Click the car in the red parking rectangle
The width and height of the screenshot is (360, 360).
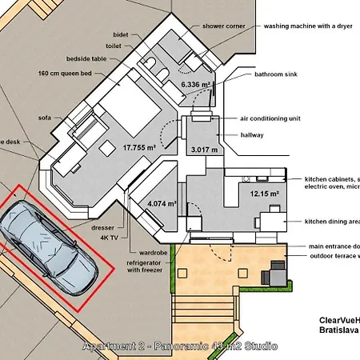coord(48,246)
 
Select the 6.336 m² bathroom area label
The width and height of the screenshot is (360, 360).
coord(197,84)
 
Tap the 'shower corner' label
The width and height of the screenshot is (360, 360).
coord(224,26)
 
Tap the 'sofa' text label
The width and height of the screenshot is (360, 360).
coord(45,117)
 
